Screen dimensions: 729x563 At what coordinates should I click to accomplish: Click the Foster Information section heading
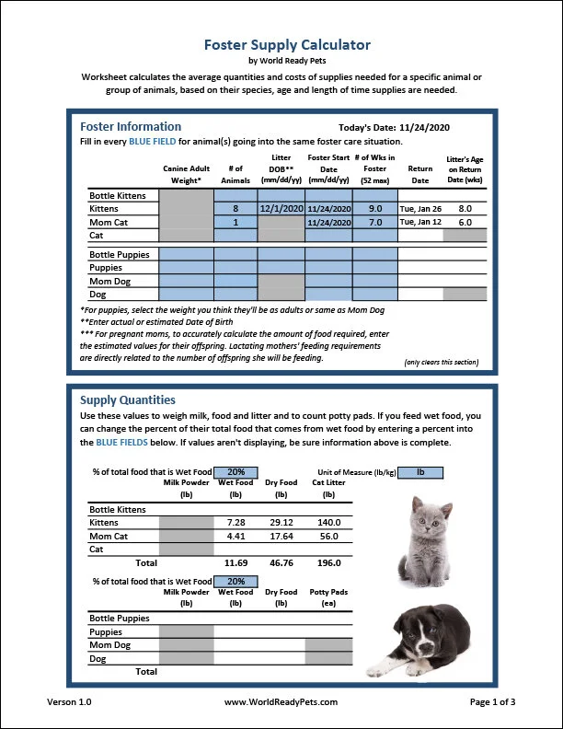coord(131,126)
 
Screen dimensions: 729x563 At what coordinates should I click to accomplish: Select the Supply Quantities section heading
coord(127,400)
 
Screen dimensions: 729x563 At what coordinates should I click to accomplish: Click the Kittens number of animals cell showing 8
coord(236,209)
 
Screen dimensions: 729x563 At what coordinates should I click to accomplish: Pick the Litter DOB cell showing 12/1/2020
coord(281,209)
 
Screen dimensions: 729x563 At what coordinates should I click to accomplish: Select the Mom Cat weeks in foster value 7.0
coord(374,223)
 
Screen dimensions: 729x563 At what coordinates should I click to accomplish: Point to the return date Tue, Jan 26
coord(419,209)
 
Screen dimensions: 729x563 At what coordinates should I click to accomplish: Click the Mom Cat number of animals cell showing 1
coord(236,223)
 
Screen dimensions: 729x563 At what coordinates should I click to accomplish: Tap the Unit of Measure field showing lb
coord(421,472)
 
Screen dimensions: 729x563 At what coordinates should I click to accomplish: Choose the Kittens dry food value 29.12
coord(281,522)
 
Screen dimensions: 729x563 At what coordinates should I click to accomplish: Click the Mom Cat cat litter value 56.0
coord(328,536)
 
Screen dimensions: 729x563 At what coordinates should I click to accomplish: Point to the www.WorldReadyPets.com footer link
coord(281,702)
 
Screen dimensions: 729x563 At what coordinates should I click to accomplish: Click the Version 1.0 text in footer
coord(69,702)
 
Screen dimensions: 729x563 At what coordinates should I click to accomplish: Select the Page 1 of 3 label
coord(492,702)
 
